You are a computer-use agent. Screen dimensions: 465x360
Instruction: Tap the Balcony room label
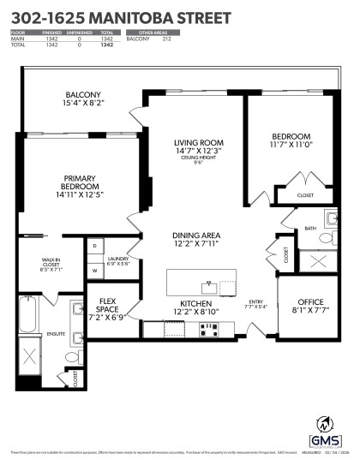click(x=83, y=99)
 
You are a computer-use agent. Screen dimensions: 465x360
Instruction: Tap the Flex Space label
click(x=107, y=306)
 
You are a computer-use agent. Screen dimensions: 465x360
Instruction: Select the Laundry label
click(x=119, y=259)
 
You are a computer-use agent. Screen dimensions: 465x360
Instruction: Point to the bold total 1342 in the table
click(x=106, y=45)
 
